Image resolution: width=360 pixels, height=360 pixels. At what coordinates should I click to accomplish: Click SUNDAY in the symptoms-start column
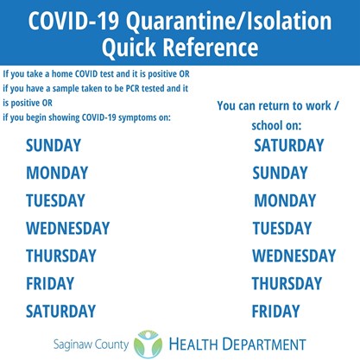coord(54,145)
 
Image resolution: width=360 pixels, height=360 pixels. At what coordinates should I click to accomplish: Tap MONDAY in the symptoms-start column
coord(57,173)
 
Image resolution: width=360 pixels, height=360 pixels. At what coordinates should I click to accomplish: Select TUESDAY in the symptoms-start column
coord(55,200)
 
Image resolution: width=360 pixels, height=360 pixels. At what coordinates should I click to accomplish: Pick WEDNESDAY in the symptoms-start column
coord(68,228)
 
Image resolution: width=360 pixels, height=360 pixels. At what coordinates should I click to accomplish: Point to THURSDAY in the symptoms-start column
coord(61,256)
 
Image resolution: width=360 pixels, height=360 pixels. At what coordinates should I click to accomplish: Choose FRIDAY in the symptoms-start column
coord(50,283)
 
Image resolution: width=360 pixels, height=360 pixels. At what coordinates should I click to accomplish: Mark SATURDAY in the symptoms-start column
coord(60,311)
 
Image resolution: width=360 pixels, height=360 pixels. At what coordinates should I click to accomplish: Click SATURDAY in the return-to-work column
coord(289,145)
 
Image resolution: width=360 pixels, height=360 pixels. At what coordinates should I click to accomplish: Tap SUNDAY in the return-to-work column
coord(280,173)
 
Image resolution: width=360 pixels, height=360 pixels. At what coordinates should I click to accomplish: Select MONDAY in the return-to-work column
coord(285,200)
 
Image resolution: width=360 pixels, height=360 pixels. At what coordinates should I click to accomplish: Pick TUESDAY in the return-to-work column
coord(282,228)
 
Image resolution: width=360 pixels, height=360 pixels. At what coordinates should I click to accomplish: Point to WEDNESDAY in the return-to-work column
coord(294,256)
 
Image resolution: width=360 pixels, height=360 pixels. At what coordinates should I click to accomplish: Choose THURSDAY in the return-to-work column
coord(287,283)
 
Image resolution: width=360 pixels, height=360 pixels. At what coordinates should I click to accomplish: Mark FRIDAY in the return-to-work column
coord(275,311)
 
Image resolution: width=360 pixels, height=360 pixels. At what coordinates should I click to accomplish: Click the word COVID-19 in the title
coord(73,21)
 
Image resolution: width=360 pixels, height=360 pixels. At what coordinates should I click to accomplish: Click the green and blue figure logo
coord(148,344)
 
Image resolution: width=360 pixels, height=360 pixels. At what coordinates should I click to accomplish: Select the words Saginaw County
coord(91,344)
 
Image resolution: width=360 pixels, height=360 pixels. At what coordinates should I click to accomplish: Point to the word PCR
coord(133,88)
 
